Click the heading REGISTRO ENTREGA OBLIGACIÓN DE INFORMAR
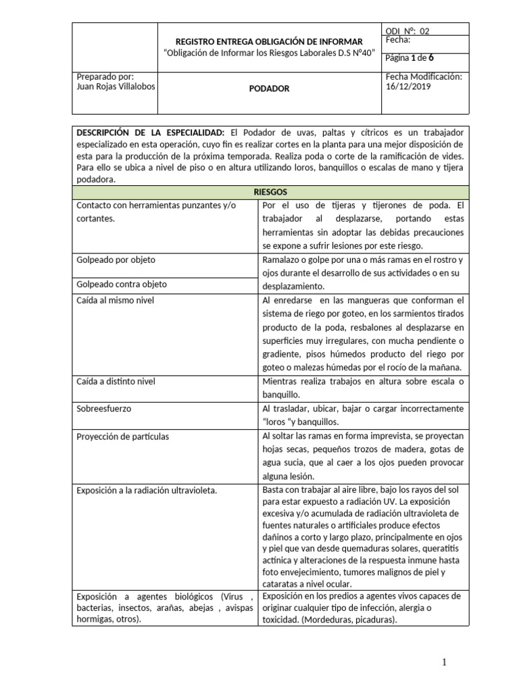(x=269, y=42)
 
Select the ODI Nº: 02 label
(x=407, y=31)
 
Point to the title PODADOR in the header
(x=269, y=89)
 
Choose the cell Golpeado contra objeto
(x=122, y=285)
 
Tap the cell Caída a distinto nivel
(x=116, y=381)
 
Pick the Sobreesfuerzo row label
(x=104, y=409)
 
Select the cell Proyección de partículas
(x=123, y=437)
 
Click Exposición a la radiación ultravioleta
(x=147, y=490)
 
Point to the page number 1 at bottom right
(x=445, y=661)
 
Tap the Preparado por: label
(x=105, y=77)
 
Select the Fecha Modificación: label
(x=423, y=77)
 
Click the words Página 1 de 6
(x=409, y=57)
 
